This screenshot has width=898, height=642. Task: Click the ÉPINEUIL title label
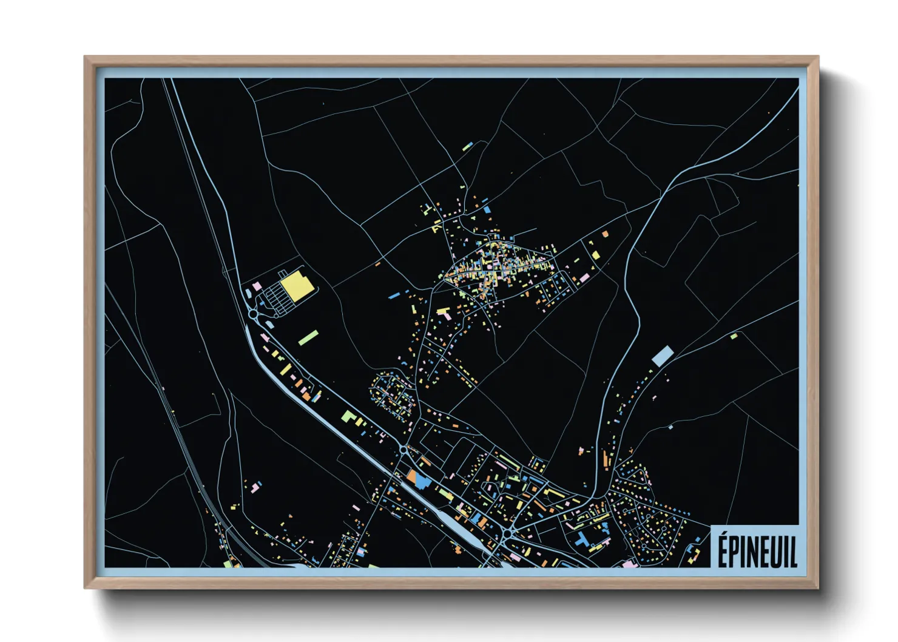tap(757, 549)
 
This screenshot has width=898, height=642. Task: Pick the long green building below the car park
tap(308, 337)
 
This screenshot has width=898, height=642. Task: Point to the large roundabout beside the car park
tap(254, 314)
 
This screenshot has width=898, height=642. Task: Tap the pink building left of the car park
tap(257, 285)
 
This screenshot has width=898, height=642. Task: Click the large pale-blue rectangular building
tap(663, 356)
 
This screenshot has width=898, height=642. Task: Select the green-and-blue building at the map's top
tap(467, 147)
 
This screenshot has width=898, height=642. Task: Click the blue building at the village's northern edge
tap(487, 209)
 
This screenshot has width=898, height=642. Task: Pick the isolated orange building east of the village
tap(604, 233)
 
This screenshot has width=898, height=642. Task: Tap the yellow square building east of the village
tap(596, 255)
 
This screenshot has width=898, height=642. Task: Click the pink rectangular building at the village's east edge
tap(584, 278)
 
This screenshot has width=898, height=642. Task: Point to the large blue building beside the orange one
tap(422, 481)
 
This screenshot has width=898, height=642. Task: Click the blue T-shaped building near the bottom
tap(584, 539)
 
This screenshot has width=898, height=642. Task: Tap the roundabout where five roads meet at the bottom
tap(507, 533)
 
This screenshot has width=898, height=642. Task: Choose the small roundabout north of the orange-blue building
tap(403, 450)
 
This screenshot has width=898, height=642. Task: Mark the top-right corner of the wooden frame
tap(818, 57)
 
